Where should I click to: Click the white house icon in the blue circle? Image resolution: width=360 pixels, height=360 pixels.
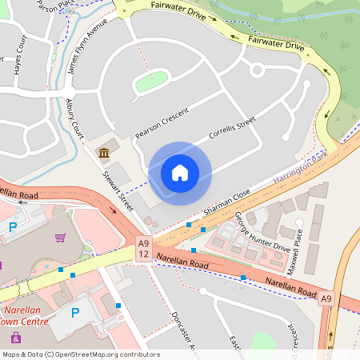click(x=180, y=172)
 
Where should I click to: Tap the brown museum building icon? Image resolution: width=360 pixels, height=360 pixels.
click(x=104, y=153)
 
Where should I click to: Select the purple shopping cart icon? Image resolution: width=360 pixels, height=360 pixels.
click(x=61, y=237)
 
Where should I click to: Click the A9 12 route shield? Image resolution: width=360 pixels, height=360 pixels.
click(x=143, y=248)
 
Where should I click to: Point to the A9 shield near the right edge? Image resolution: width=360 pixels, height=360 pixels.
click(x=326, y=299)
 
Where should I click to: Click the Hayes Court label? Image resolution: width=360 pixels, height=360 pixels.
click(x=18, y=60)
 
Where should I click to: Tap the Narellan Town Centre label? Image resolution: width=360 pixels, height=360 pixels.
click(x=25, y=315)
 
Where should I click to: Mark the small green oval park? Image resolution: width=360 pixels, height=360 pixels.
click(x=150, y=80)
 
